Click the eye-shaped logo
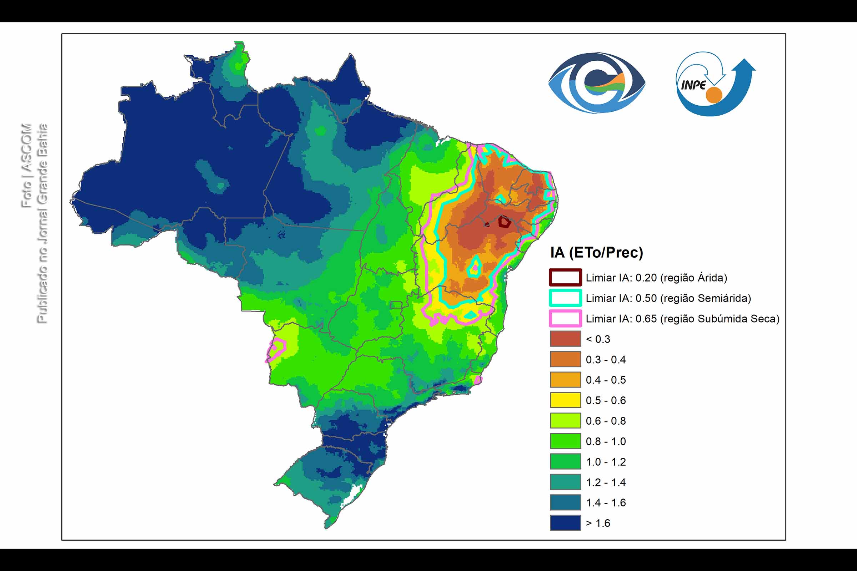click(x=597, y=83)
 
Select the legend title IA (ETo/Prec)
click(x=596, y=252)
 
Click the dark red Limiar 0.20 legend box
click(x=565, y=278)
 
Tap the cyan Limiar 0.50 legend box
click(x=565, y=298)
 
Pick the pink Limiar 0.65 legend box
click(x=565, y=318)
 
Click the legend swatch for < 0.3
click(x=565, y=339)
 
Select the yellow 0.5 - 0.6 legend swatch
click(x=565, y=400)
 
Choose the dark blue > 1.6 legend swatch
click(x=565, y=523)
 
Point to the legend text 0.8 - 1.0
click(x=606, y=441)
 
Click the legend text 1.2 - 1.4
click(x=606, y=482)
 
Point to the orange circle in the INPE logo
click(x=713, y=95)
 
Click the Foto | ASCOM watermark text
click(x=26, y=166)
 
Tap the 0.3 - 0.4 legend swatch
click(x=565, y=359)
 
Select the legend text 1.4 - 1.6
click(x=606, y=502)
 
